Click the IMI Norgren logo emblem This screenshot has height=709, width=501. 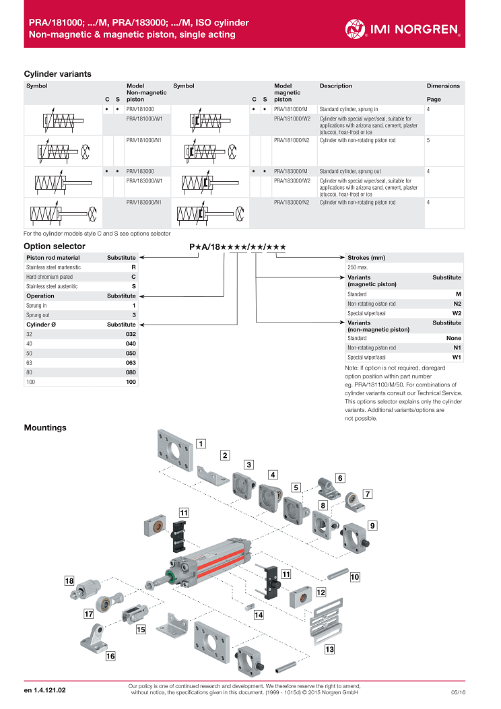[356, 28]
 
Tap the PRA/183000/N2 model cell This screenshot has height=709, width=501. [292, 202]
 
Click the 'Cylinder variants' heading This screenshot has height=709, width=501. [57, 74]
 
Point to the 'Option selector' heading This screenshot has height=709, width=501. [55, 246]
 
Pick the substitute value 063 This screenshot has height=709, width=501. [131, 362]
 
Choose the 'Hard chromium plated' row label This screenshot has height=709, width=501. [49, 277]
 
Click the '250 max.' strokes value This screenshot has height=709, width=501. [357, 267]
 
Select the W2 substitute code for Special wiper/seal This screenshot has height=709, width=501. [457, 313]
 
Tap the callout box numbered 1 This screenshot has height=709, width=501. [201, 443]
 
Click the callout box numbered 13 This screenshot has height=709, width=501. [329, 650]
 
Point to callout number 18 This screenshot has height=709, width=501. [69, 580]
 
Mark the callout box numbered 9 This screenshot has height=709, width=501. [372, 525]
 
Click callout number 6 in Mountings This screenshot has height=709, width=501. [340, 478]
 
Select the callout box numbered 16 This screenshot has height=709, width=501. [110, 656]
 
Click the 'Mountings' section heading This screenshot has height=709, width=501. [45, 428]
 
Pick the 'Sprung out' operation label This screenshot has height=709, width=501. [38, 315]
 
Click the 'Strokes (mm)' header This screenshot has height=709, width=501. [366, 258]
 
